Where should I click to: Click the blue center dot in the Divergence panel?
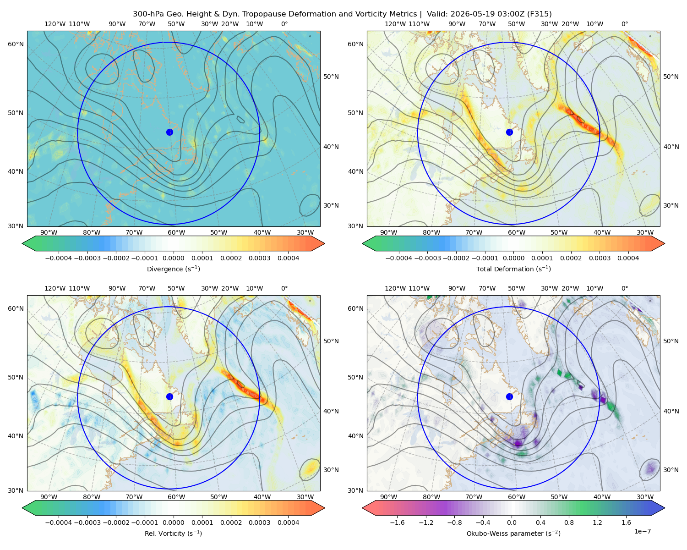pyautogui.click(x=169, y=132)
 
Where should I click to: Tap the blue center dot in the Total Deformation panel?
pyautogui.click(x=509, y=132)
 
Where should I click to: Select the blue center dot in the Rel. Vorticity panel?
pyautogui.click(x=169, y=396)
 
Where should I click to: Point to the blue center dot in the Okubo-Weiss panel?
pyautogui.click(x=509, y=396)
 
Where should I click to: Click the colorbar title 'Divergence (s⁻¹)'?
pyautogui.click(x=173, y=269)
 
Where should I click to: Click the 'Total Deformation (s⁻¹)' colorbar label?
pyautogui.click(x=513, y=269)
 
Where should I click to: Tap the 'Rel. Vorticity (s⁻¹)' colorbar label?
pyautogui.click(x=173, y=533)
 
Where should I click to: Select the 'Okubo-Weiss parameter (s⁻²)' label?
pyautogui.click(x=513, y=533)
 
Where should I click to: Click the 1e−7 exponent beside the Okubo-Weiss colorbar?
pyautogui.click(x=642, y=531)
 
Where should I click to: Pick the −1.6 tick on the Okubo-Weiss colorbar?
pyautogui.click(x=397, y=522)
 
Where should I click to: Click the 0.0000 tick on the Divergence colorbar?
pyautogui.click(x=173, y=258)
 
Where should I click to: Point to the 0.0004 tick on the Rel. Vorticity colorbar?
pyautogui.click(x=288, y=522)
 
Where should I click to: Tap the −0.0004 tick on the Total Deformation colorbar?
pyautogui.click(x=399, y=258)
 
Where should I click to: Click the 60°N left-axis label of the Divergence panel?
pyautogui.click(x=16, y=44)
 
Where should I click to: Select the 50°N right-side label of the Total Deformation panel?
pyautogui.click(x=671, y=77)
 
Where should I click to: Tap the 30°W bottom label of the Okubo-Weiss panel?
pyautogui.click(x=645, y=497)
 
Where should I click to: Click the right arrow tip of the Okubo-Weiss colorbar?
pyautogui.click(x=665, y=508)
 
